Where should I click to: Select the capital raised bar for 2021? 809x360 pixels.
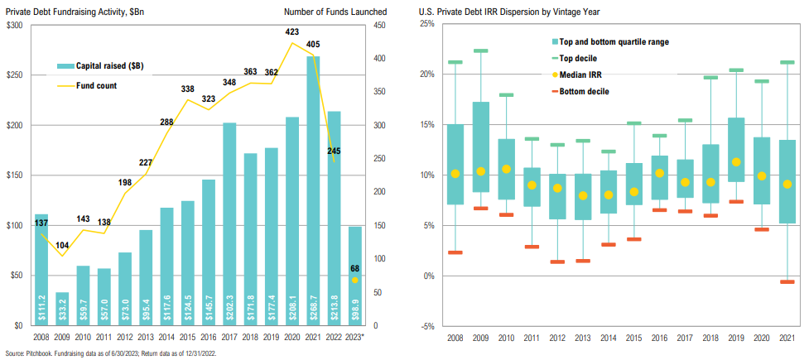click(x=313, y=191)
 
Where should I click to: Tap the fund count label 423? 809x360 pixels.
click(x=292, y=32)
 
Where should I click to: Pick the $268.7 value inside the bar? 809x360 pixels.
click(x=313, y=309)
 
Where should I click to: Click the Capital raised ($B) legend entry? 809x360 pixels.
click(x=97, y=65)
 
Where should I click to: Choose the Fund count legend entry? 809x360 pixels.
click(x=87, y=85)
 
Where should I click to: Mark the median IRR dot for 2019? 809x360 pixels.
click(x=736, y=162)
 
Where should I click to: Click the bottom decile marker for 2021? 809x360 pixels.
click(x=787, y=281)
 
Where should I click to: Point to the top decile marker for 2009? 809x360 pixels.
click(x=481, y=50)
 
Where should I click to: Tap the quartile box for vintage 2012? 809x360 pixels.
click(x=557, y=196)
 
